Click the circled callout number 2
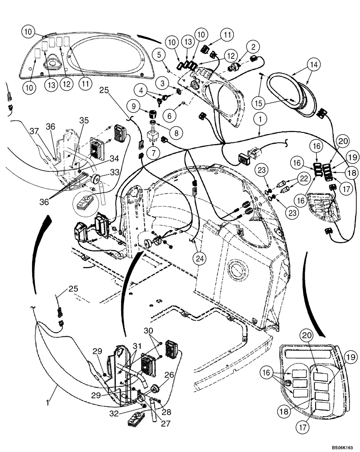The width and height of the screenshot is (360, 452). (x=253, y=47)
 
